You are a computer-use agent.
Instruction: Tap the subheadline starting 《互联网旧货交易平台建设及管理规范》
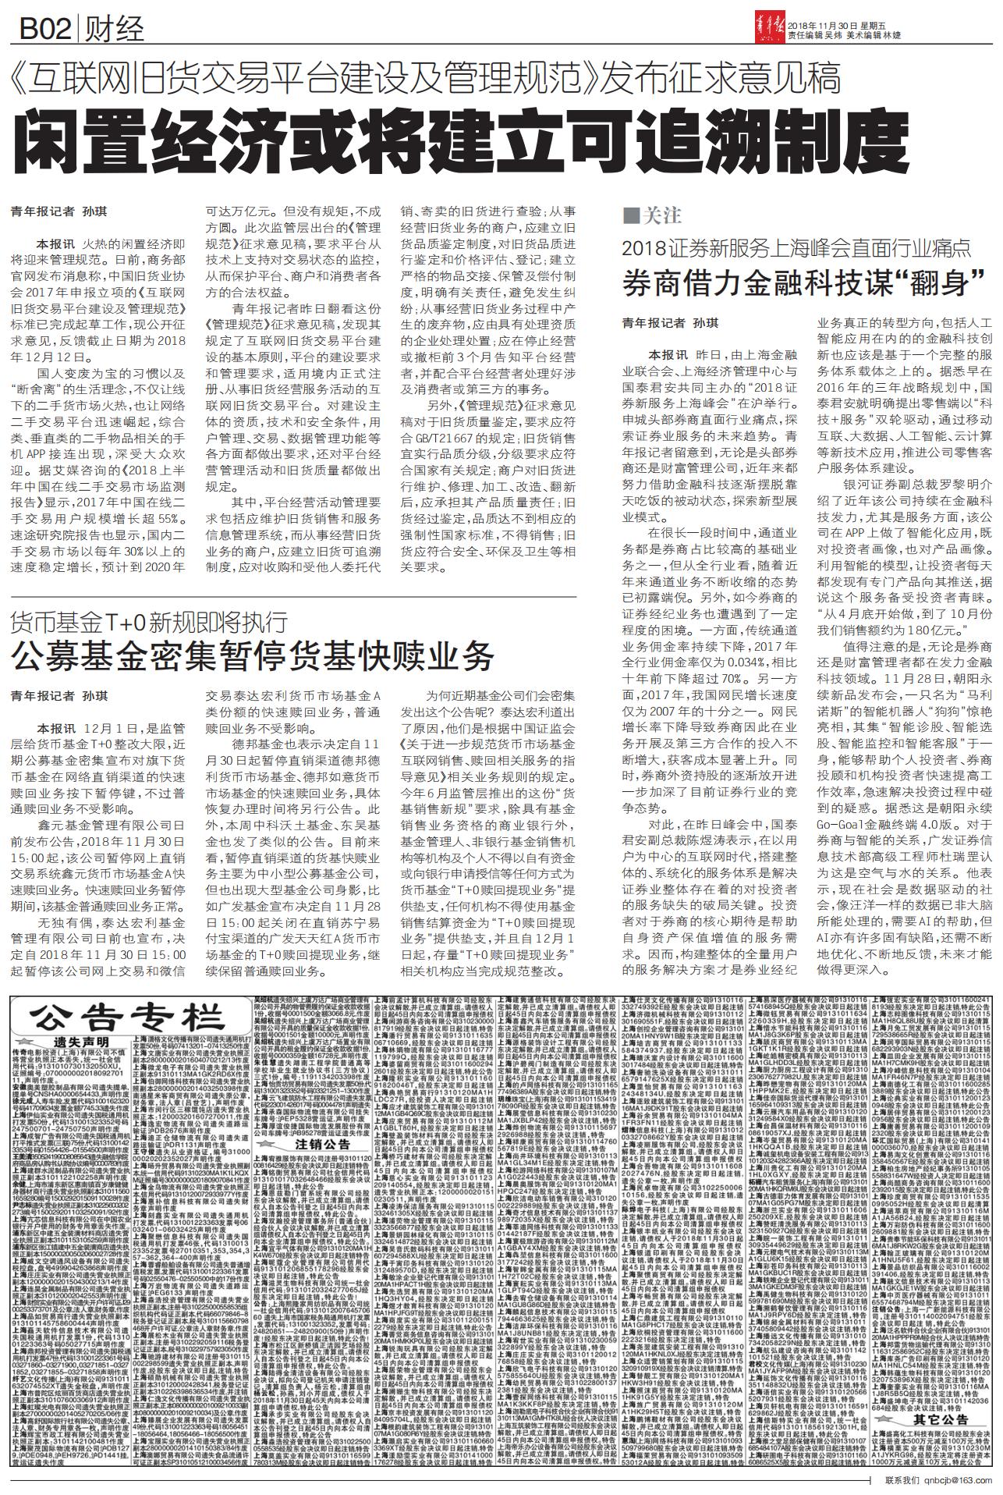click(x=424, y=78)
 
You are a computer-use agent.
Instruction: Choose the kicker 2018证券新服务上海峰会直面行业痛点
click(x=796, y=249)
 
